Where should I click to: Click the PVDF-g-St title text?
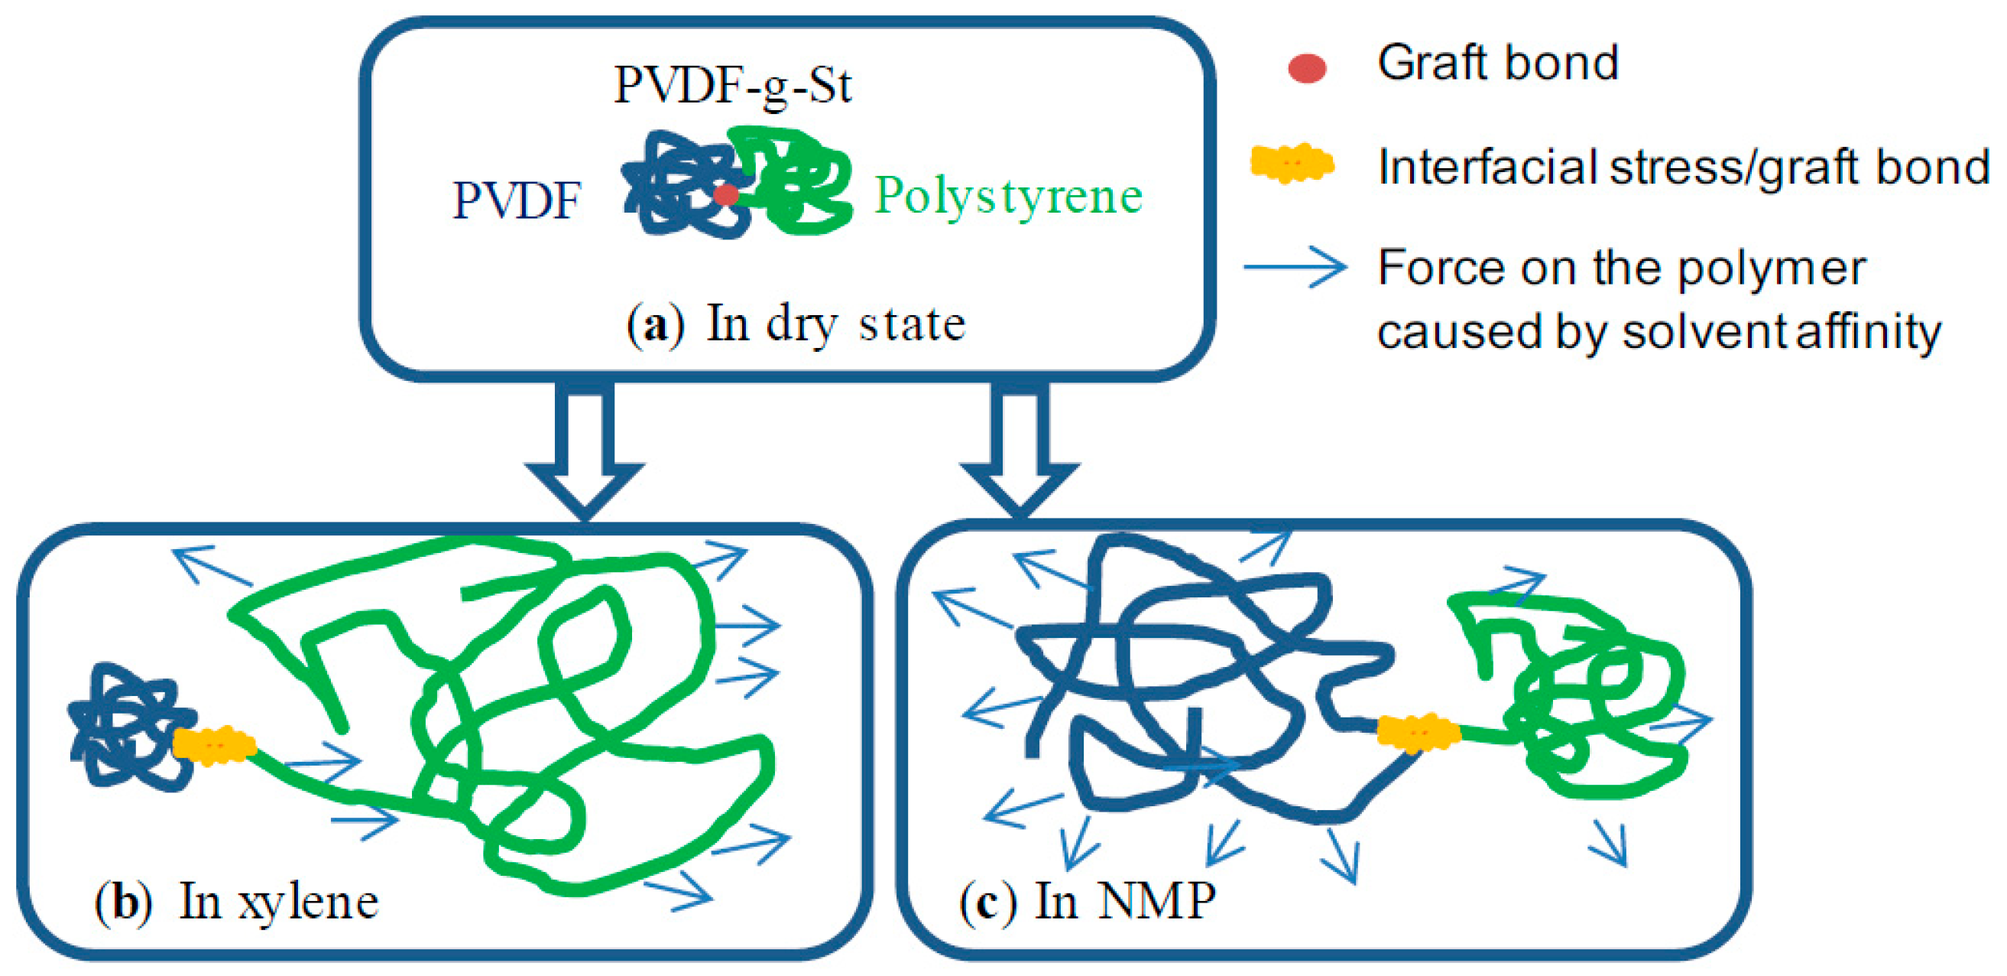(732, 84)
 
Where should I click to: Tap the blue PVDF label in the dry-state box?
(517, 200)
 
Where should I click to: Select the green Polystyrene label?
(1007, 195)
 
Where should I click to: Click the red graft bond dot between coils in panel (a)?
(726, 194)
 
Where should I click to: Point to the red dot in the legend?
(1307, 68)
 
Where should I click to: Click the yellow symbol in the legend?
(1292, 164)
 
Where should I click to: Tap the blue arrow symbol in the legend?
(1295, 268)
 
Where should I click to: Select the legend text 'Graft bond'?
(1497, 63)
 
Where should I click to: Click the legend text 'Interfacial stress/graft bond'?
(1683, 167)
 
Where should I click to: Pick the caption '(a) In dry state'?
(796, 324)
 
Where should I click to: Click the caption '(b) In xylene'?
(237, 902)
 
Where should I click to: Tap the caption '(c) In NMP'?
(1087, 901)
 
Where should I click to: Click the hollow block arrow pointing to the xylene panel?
(585, 452)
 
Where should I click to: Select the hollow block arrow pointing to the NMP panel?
(1019, 452)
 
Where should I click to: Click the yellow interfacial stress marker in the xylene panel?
(213, 744)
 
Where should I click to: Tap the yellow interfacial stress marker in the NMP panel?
(1417, 733)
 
